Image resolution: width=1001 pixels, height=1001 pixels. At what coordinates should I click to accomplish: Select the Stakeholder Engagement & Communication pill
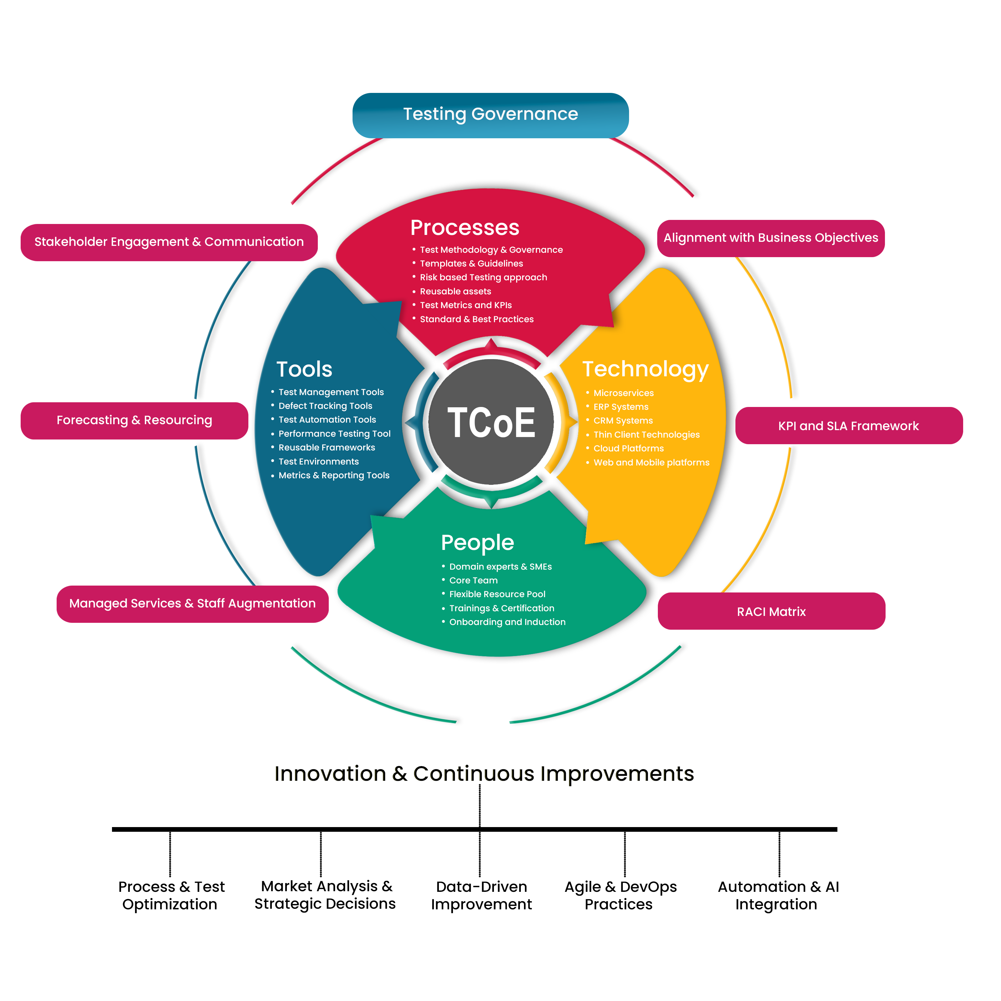[169, 242]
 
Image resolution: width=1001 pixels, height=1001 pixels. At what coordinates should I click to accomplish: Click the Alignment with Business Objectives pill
[770, 238]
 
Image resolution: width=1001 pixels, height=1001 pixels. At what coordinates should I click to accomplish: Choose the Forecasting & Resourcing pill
[134, 420]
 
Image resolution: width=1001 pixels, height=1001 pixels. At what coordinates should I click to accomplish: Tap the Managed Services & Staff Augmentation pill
[192, 604]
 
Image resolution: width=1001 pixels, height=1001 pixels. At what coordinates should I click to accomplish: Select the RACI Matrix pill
[771, 611]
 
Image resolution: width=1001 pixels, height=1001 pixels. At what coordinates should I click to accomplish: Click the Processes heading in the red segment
[465, 228]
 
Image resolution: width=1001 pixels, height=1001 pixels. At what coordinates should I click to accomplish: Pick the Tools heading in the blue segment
[304, 369]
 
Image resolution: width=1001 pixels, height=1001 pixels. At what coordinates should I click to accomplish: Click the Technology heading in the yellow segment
[645, 369]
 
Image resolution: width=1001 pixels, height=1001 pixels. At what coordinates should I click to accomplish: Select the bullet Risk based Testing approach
[483, 278]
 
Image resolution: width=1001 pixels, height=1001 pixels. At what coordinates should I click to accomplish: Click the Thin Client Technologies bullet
[646, 435]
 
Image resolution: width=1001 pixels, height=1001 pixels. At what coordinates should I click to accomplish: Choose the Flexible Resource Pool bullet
[497, 594]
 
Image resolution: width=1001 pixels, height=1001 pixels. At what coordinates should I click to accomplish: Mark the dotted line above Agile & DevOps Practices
[625, 854]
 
